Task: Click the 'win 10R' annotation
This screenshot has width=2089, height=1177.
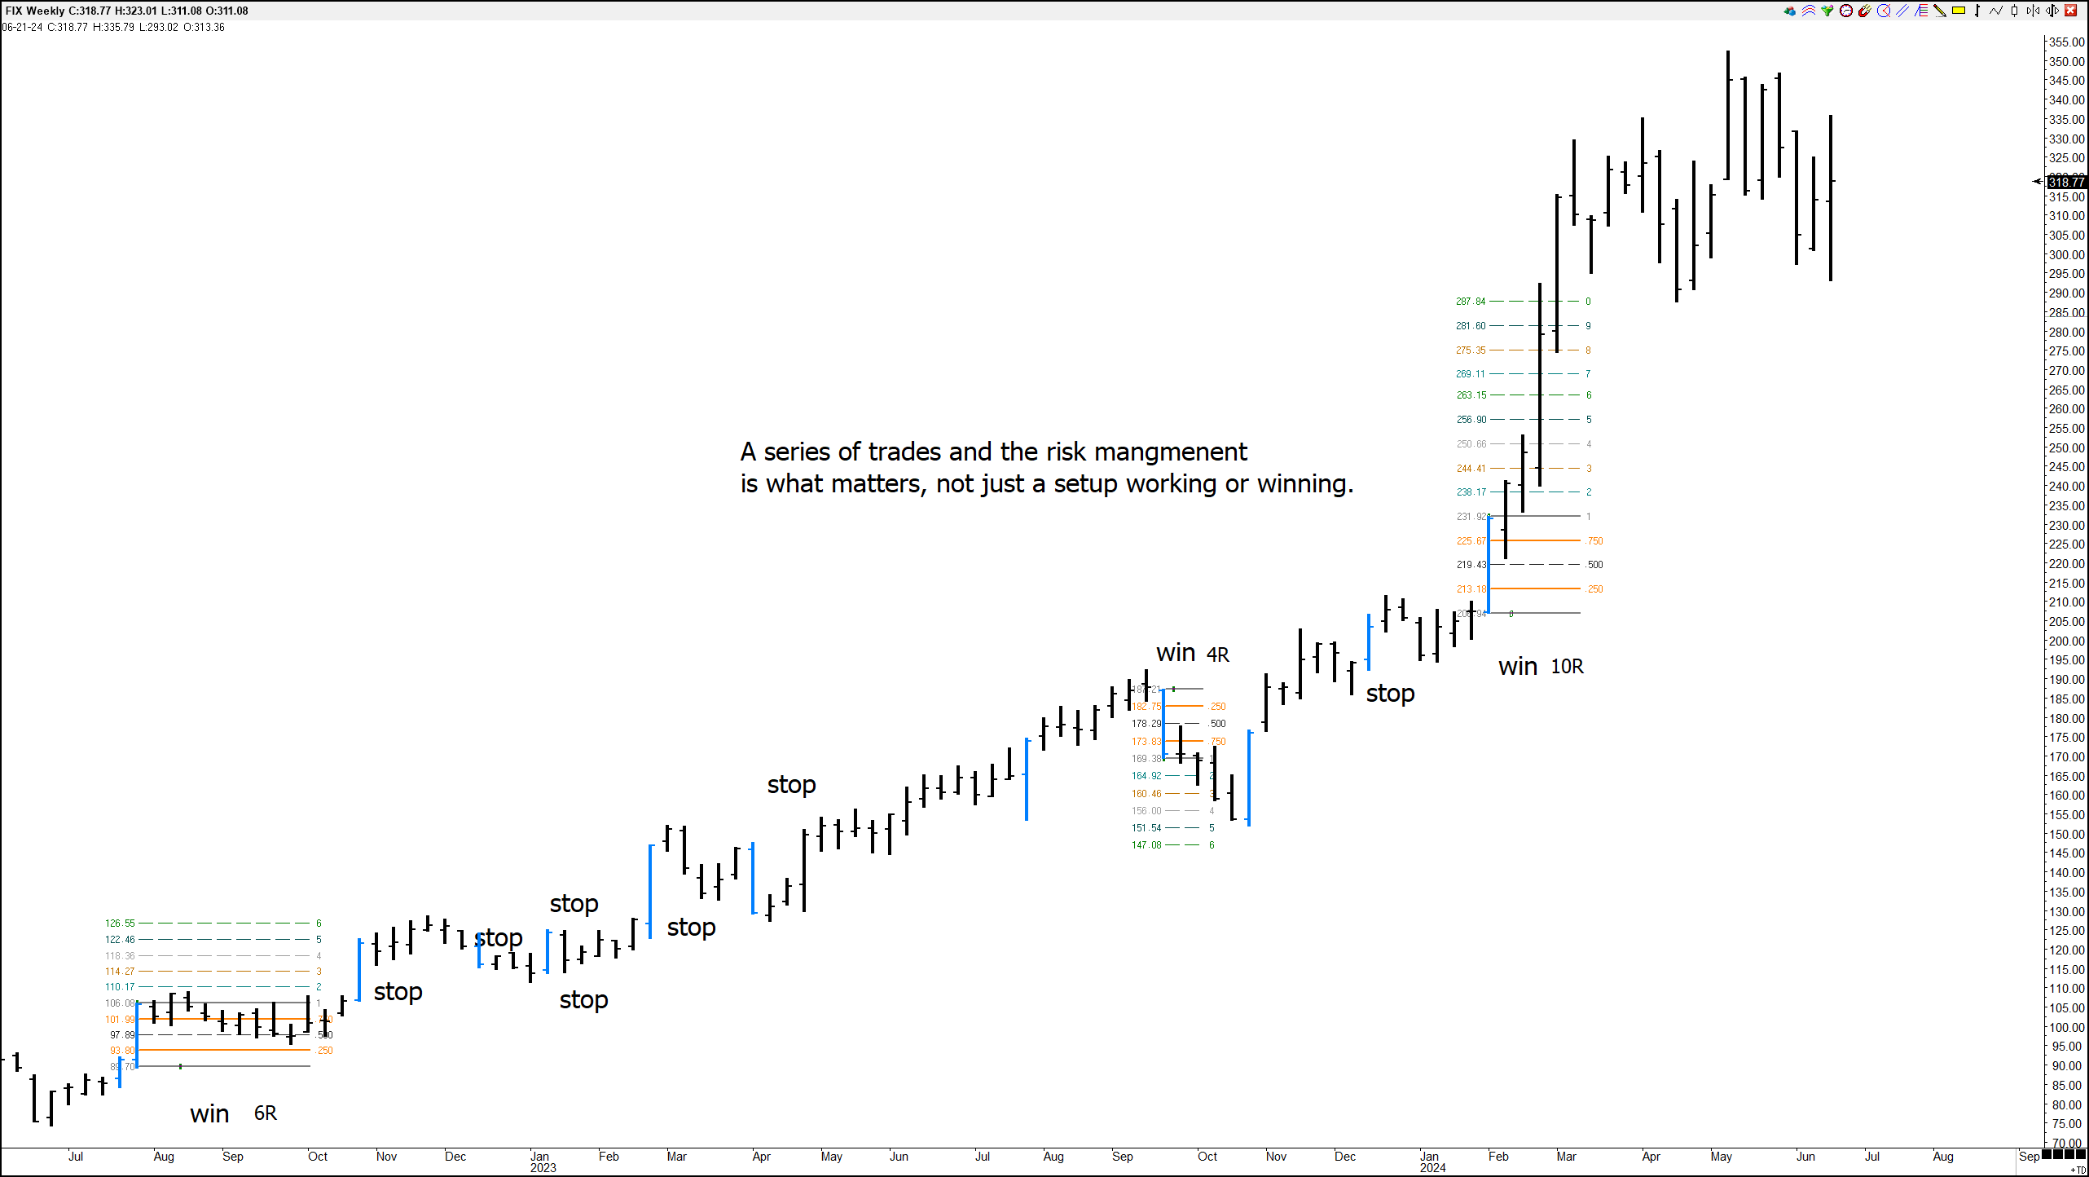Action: pyautogui.click(x=1540, y=667)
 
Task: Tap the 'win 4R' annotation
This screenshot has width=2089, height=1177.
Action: pyautogui.click(x=1192, y=654)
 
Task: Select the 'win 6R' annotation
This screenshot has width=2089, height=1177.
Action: pyautogui.click(x=233, y=1113)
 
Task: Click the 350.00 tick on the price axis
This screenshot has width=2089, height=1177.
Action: pyautogui.click(x=2066, y=62)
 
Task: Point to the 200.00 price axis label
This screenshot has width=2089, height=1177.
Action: pyautogui.click(x=2066, y=641)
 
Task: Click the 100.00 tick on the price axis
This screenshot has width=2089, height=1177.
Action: pyautogui.click(x=2066, y=1028)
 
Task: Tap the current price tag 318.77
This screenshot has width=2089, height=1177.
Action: pyautogui.click(x=2066, y=182)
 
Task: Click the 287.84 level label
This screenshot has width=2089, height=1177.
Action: pyautogui.click(x=1471, y=302)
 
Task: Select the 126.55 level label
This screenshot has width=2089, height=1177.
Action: pyautogui.click(x=120, y=924)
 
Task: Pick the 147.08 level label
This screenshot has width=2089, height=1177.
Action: pyautogui.click(x=1146, y=845)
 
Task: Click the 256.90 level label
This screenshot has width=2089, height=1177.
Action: pyautogui.click(x=1471, y=420)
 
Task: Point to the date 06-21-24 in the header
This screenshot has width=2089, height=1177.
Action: pyautogui.click(x=22, y=27)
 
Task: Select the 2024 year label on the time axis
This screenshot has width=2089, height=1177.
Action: pyautogui.click(x=1432, y=1168)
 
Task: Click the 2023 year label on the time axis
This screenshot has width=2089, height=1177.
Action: pyautogui.click(x=543, y=1168)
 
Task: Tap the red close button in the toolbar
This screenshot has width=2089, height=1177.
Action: pyautogui.click(x=2070, y=11)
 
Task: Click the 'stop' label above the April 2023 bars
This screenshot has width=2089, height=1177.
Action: pyautogui.click(x=791, y=785)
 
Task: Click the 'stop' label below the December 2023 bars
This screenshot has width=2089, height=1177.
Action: pyautogui.click(x=1390, y=694)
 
